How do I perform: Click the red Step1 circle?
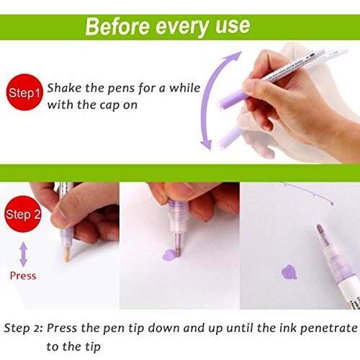[x=24, y=92]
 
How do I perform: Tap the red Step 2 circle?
[x=23, y=214]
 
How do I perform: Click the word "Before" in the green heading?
[x=117, y=27]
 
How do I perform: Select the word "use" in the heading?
[x=233, y=26]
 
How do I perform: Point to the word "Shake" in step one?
[x=64, y=88]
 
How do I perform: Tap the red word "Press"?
[x=23, y=276]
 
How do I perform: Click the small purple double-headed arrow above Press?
[x=23, y=254]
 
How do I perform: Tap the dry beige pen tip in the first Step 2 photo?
[x=67, y=255]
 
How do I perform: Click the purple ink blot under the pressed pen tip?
[x=169, y=255]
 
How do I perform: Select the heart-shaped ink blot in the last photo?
[x=289, y=273]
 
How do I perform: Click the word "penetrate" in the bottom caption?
[x=329, y=328]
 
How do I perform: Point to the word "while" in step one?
[x=185, y=88]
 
